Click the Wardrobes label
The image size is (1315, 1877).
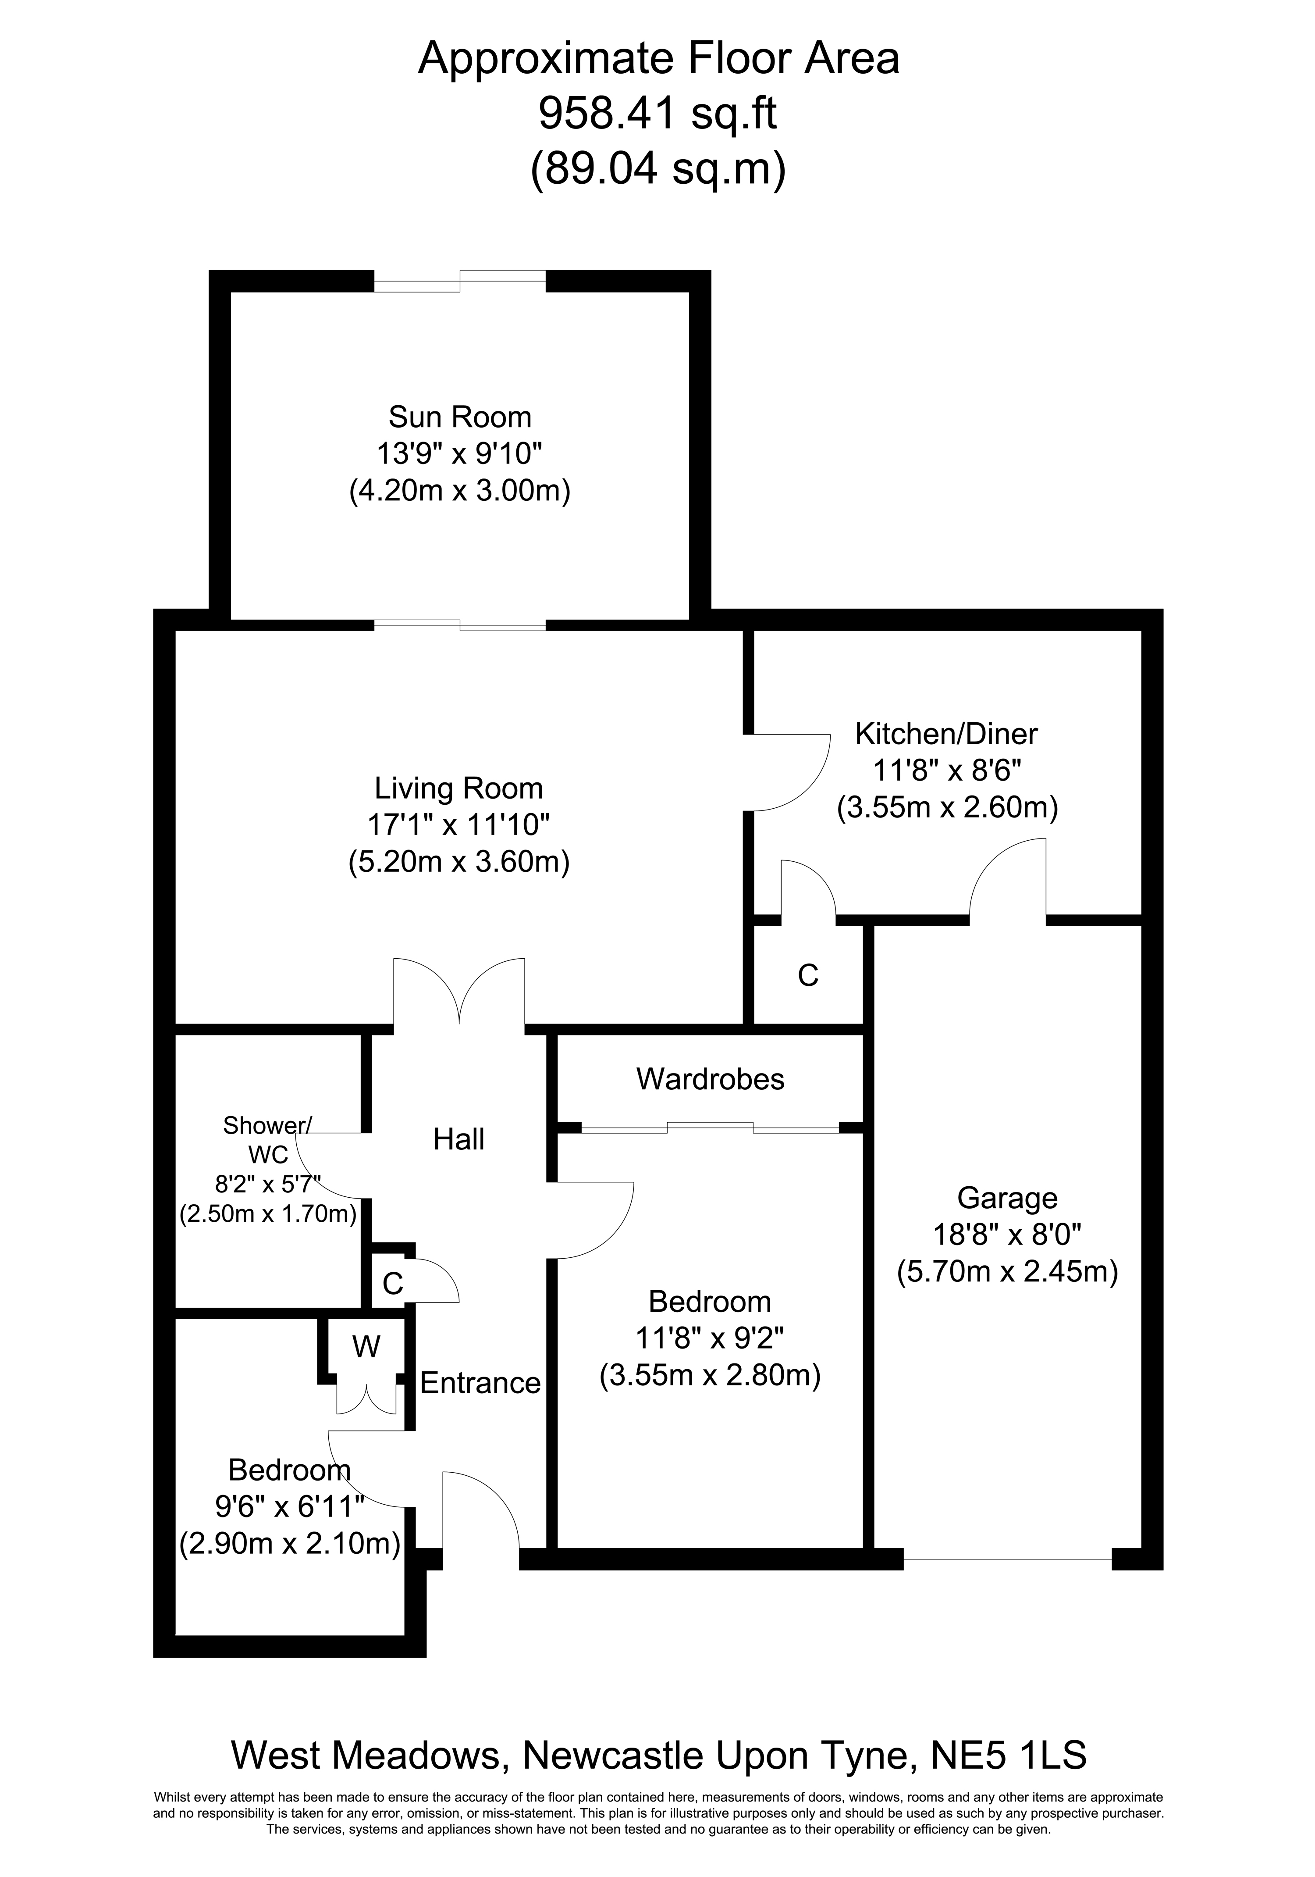[710, 1079]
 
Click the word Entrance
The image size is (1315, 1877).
[480, 1382]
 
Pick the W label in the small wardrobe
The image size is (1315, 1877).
[366, 1346]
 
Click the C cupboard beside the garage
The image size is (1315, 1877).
[807, 975]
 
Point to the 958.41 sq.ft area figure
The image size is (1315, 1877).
[657, 114]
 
